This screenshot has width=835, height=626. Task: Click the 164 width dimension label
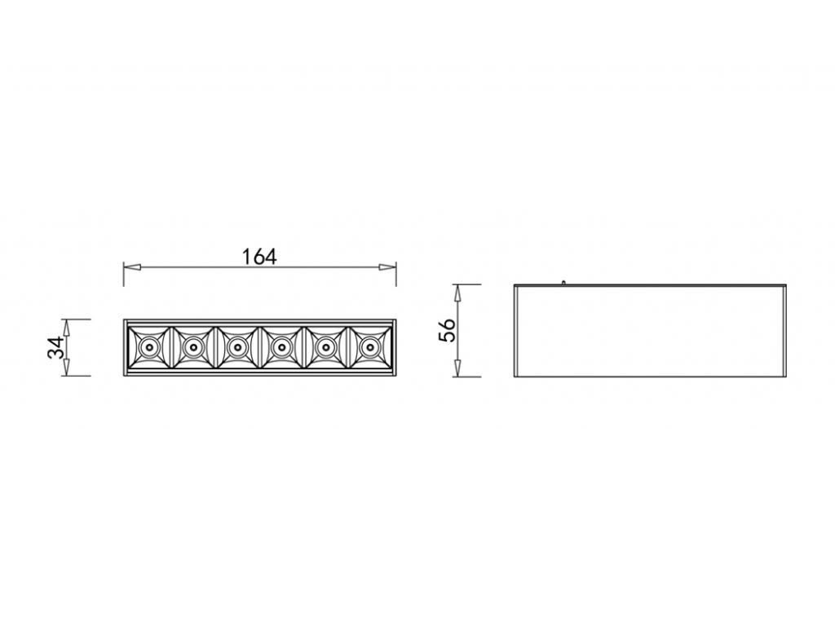tap(259, 256)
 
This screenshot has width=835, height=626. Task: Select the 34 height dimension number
tap(55, 348)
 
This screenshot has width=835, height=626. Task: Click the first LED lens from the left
tap(148, 348)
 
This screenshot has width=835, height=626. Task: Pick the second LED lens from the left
tap(192, 348)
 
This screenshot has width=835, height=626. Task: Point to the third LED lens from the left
tap(236, 348)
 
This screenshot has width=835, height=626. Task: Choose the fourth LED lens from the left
tap(281, 348)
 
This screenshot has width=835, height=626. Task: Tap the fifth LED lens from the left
tap(325, 348)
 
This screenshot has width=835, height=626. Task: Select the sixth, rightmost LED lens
tap(369, 348)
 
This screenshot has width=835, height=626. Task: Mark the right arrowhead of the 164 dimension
tap(389, 267)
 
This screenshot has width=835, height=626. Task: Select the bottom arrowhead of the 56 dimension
tap(458, 371)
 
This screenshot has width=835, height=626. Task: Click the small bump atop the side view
tap(563, 283)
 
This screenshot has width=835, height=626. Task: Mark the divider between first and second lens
tap(170, 348)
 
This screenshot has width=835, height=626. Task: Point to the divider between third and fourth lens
tap(259, 348)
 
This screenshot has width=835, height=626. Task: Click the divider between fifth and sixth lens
tap(347, 348)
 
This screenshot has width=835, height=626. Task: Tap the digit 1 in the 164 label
tap(247, 256)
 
